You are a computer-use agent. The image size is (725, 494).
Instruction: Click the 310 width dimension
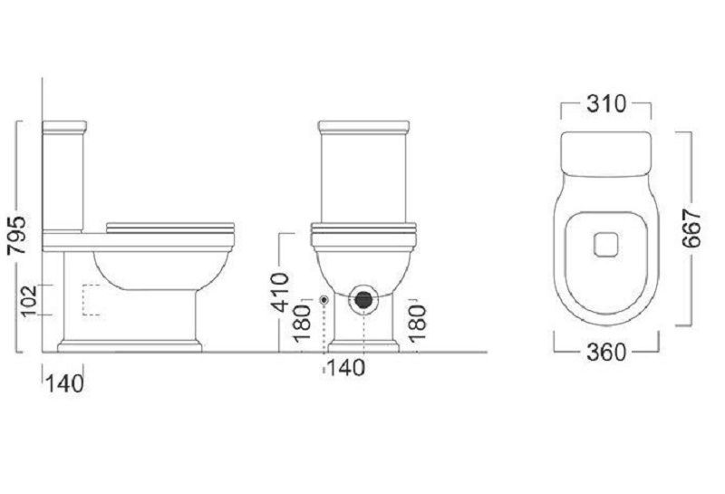[605, 104]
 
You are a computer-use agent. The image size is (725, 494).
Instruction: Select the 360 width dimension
[606, 352]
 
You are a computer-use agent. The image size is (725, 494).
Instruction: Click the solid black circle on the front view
[363, 297]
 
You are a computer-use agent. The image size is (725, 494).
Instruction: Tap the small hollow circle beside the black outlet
[324, 299]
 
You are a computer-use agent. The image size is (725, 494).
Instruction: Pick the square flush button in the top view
[605, 245]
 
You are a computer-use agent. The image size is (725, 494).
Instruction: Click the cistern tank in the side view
[63, 177]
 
